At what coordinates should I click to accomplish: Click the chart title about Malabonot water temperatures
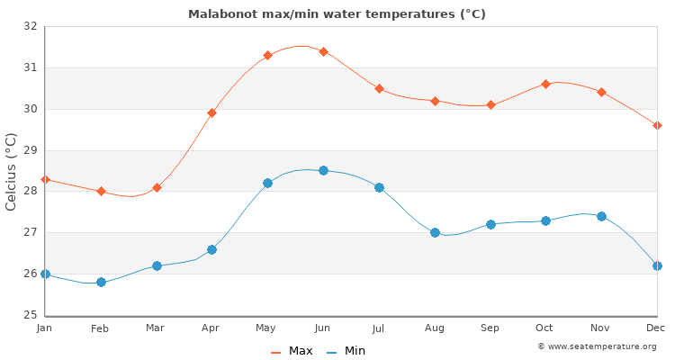tap(337, 13)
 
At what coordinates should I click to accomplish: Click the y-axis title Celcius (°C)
tap(12, 171)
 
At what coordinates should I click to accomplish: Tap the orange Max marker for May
tap(267, 55)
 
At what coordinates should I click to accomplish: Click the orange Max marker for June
tap(323, 51)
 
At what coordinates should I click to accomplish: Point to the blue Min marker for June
tap(323, 170)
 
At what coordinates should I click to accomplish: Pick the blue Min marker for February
tap(101, 282)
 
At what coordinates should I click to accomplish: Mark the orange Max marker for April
tap(211, 112)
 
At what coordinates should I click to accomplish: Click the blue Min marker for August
tap(435, 232)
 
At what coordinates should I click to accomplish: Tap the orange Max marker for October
tap(545, 84)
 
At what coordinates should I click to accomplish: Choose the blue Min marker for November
tap(601, 216)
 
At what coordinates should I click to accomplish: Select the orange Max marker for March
tap(157, 187)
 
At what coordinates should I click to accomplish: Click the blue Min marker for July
tap(379, 187)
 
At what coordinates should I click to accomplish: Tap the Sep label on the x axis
tap(490, 328)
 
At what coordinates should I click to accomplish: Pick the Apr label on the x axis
tap(211, 328)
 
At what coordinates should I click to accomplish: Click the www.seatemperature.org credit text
tap(597, 346)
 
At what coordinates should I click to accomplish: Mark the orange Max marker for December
tap(657, 125)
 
